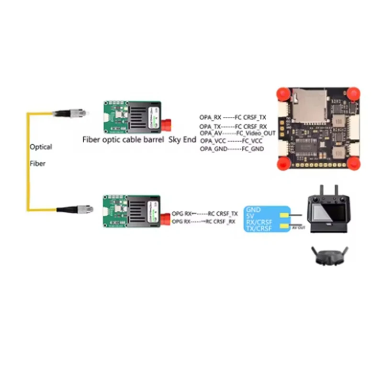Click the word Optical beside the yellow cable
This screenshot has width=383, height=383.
click(41, 147)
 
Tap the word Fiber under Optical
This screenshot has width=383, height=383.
click(38, 163)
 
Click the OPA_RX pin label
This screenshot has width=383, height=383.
click(211, 117)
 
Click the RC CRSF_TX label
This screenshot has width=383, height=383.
click(222, 214)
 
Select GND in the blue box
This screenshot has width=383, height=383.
click(253, 210)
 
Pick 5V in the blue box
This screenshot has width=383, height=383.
click(250, 216)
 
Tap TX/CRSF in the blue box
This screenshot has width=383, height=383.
click(259, 229)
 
